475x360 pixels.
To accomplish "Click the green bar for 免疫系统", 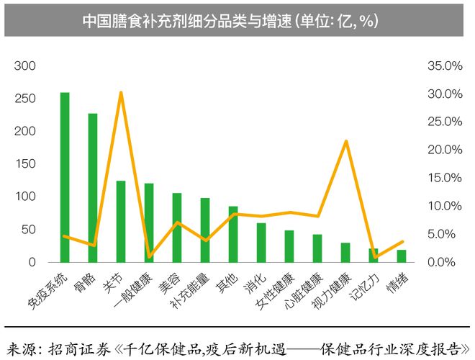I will (x=65, y=177).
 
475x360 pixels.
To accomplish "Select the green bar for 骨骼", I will (x=93, y=187).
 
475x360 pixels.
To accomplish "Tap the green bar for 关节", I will (x=121, y=221).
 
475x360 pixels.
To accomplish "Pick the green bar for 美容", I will (x=177, y=228).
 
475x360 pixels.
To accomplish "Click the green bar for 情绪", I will (x=402, y=256).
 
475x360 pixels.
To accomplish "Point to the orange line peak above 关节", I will (x=121, y=93).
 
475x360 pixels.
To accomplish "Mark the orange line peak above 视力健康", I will (x=346, y=141).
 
